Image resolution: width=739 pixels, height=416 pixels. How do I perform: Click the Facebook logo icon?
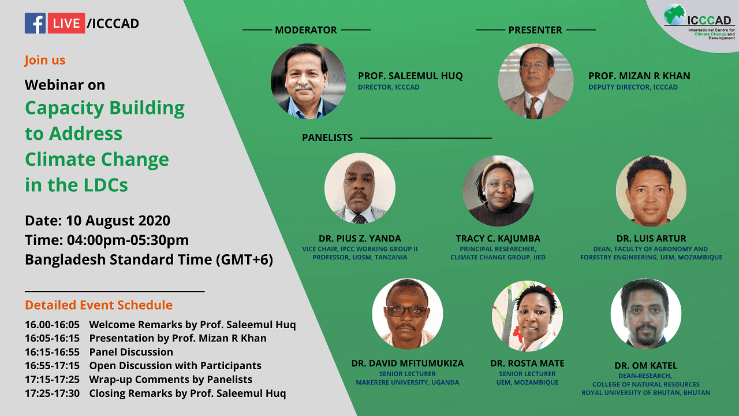coord(35,23)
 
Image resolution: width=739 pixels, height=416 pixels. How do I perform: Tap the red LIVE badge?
coord(66,23)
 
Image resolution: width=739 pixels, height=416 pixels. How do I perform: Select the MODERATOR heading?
coord(306,30)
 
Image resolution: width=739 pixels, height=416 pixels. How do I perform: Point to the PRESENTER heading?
coord(535,30)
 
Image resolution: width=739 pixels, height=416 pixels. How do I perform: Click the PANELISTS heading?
coord(327,138)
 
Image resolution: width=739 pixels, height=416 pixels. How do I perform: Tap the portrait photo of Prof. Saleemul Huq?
coord(308,81)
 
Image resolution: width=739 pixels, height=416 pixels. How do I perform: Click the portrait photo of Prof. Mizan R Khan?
coord(536,81)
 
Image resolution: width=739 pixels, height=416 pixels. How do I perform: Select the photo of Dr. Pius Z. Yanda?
coord(360,188)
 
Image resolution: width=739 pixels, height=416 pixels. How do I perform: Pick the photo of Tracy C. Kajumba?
coord(498,191)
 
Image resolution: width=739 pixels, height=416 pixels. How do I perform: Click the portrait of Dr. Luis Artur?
coord(651,191)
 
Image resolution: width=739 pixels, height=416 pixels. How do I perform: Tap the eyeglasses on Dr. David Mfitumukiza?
coord(406,311)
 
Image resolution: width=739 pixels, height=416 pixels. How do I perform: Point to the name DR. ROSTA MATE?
coord(527,363)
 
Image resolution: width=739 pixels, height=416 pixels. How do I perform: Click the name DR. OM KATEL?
coord(645,366)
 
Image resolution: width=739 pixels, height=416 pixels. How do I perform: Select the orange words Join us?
coord(45,60)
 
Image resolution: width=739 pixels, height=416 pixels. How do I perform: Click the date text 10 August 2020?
coord(118,221)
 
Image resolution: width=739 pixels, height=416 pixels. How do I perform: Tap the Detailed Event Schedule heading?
coord(99,304)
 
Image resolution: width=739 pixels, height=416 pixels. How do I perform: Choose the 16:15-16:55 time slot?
coord(52,352)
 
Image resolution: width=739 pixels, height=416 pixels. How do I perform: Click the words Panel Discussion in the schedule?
coord(131,352)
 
